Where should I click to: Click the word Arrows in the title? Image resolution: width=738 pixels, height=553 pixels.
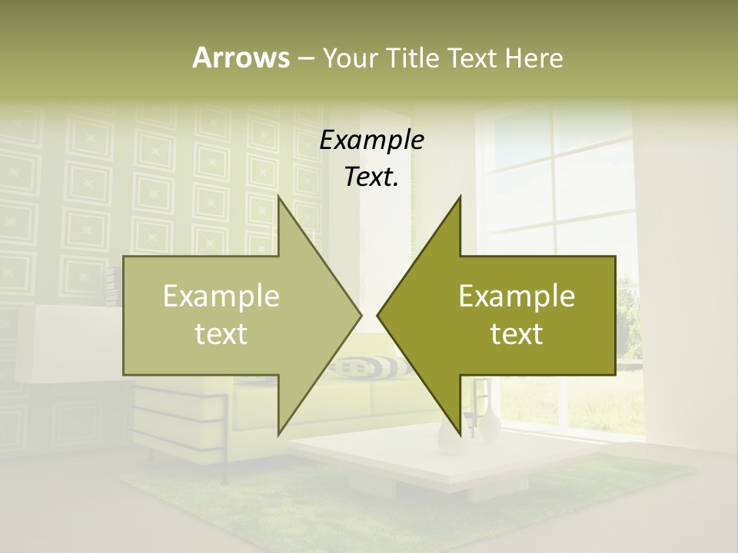tap(241, 58)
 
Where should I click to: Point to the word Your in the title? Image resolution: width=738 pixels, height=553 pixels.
tap(350, 58)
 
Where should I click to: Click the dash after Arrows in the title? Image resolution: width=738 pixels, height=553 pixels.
tap(305, 58)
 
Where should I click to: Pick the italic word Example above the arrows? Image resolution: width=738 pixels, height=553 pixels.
tap(371, 140)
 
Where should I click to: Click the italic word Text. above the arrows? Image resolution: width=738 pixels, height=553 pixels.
tap(371, 177)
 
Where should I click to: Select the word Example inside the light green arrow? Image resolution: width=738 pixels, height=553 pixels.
tap(221, 296)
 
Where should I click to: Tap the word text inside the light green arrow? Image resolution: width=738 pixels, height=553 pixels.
tap(221, 333)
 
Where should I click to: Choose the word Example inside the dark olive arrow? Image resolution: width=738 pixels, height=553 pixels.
tap(517, 296)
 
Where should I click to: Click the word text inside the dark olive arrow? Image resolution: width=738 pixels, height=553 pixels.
tap(517, 333)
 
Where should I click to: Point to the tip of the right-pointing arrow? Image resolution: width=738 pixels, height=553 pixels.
tap(362, 315)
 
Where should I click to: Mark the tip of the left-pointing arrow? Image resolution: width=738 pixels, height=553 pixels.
tap(377, 315)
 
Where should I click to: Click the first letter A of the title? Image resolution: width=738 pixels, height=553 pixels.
tap(201, 58)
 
